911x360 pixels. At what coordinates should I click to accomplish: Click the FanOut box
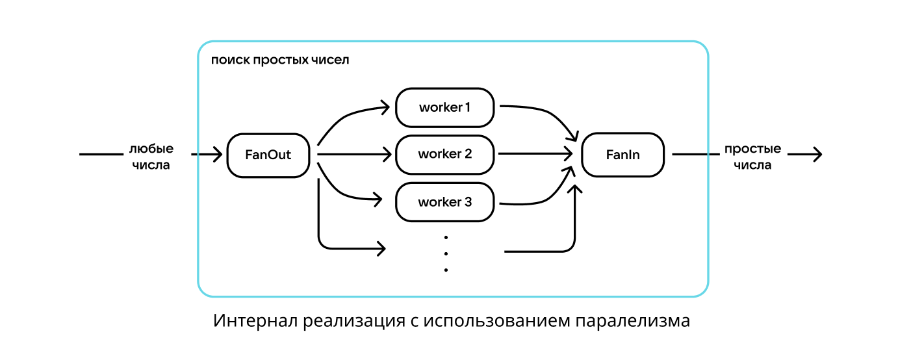point(268,155)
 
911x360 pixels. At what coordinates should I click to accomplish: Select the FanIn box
point(622,155)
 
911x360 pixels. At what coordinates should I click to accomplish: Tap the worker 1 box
point(444,107)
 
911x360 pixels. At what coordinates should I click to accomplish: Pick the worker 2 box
point(444,155)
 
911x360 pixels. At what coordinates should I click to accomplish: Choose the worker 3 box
point(444,202)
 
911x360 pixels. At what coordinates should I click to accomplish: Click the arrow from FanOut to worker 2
point(354,155)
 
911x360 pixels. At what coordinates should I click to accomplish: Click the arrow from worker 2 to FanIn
point(533,155)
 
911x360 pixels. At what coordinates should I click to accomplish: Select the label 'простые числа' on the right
point(752,157)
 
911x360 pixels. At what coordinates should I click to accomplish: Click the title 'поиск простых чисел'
point(280,60)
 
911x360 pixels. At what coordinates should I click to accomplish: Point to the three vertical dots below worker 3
point(446,253)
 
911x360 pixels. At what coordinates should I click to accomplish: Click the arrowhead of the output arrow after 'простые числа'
point(817,155)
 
